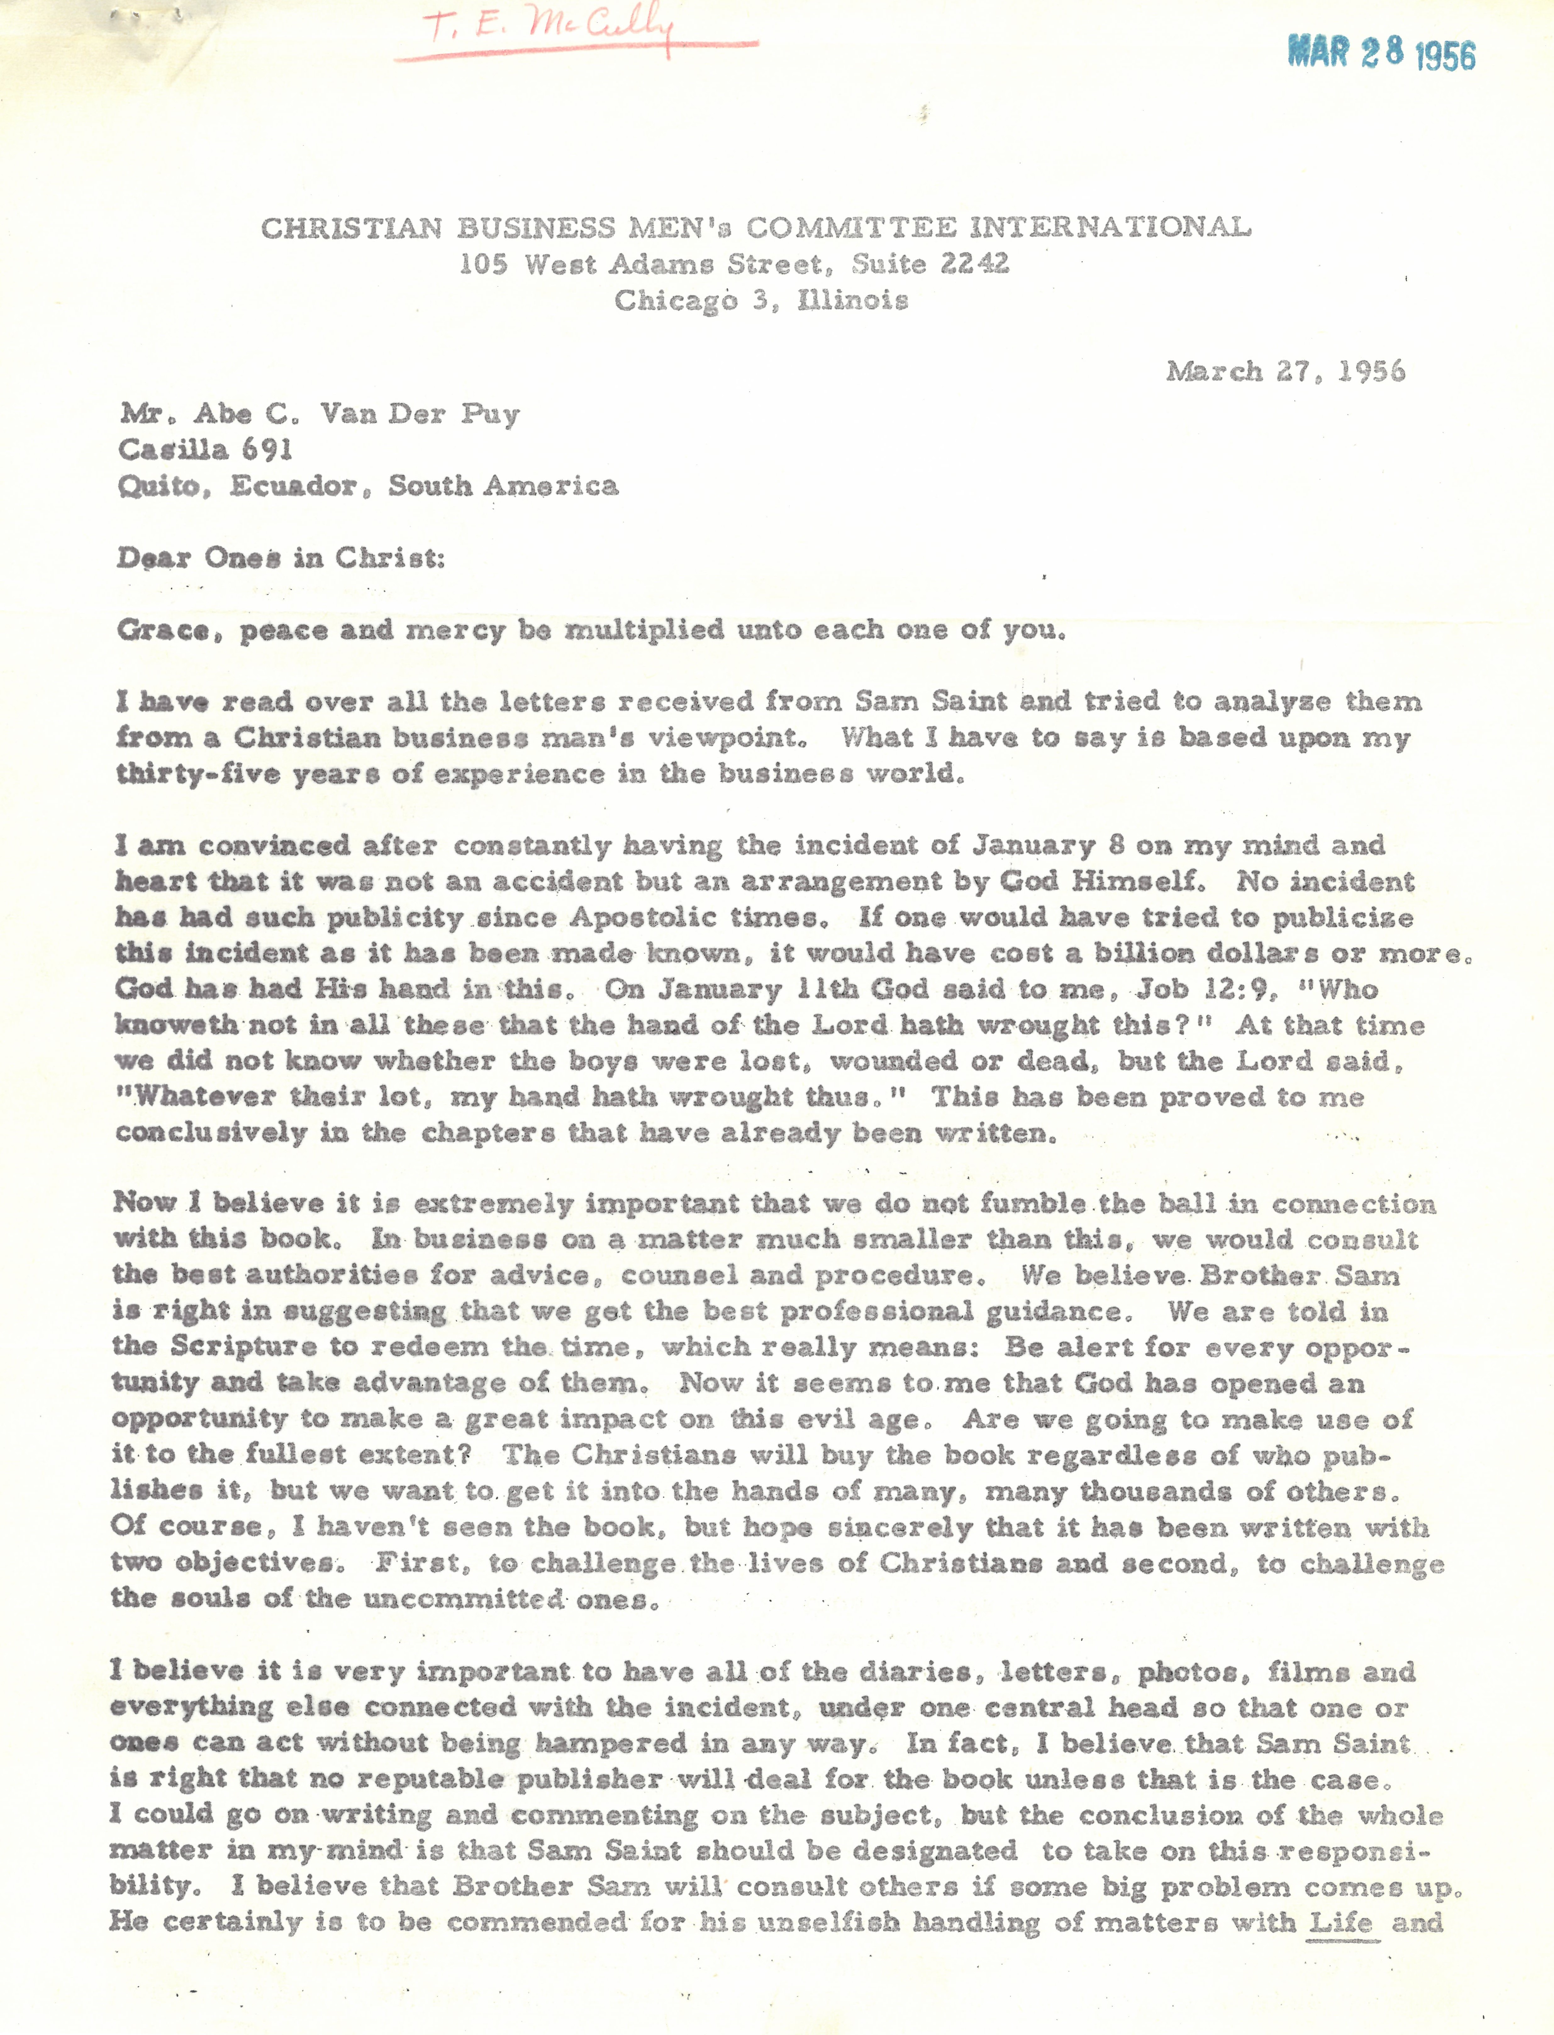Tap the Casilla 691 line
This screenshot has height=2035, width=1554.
(205, 450)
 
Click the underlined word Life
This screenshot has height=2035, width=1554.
(1341, 1923)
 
